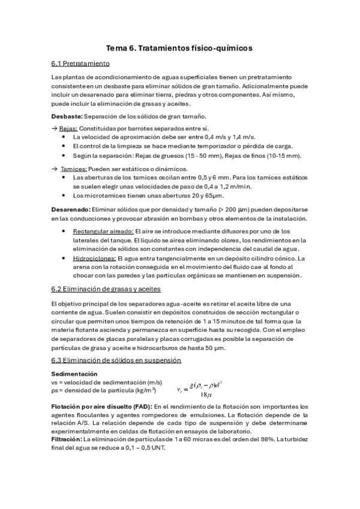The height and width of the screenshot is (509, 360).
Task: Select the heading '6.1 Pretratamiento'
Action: [80, 63]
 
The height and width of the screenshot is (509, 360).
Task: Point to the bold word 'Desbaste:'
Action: [67, 116]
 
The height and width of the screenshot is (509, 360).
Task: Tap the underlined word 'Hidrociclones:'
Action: [94, 258]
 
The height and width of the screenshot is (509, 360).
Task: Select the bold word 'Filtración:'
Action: [67, 439]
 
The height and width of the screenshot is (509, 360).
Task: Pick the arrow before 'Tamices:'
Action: [55, 169]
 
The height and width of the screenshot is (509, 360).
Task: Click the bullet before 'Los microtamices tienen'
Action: [64, 195]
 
